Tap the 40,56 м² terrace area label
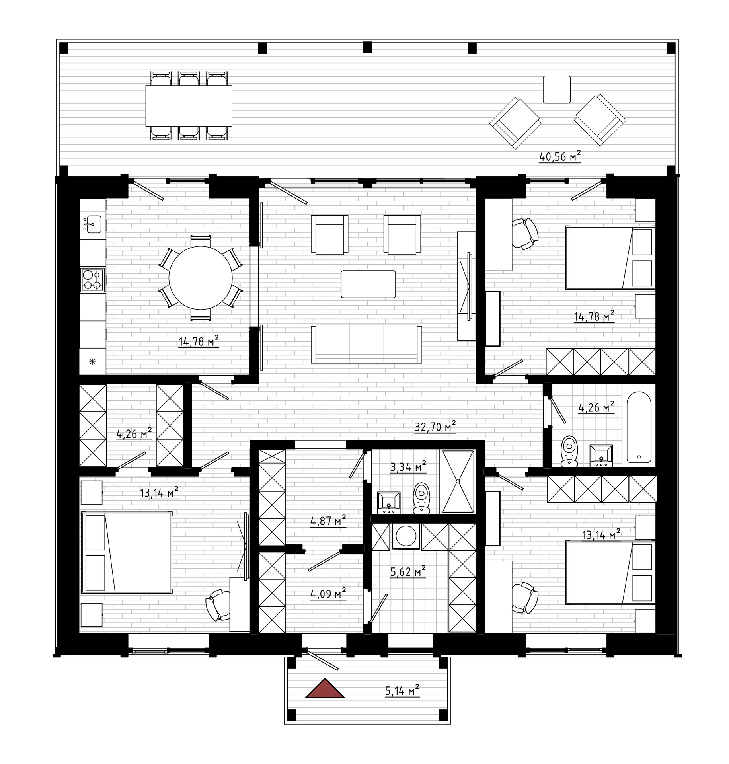(560, 156)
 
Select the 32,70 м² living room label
(435, 426)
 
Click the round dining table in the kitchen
(201, 278)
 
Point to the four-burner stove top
(93, 280)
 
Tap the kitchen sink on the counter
(92, 224)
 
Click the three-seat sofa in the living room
(366, 343)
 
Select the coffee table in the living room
(368, 284)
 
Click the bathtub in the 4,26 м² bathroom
(639, 427)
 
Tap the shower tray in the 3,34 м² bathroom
(458, 481)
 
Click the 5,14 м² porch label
(402, 690)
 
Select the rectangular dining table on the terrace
(189, 105)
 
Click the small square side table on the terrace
(557, 90)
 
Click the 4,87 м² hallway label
(328, 520)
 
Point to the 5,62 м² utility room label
(408, 571)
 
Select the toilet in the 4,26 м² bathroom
(569, 451)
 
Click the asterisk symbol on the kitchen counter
(92, 362)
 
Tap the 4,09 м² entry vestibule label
(328, 594)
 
